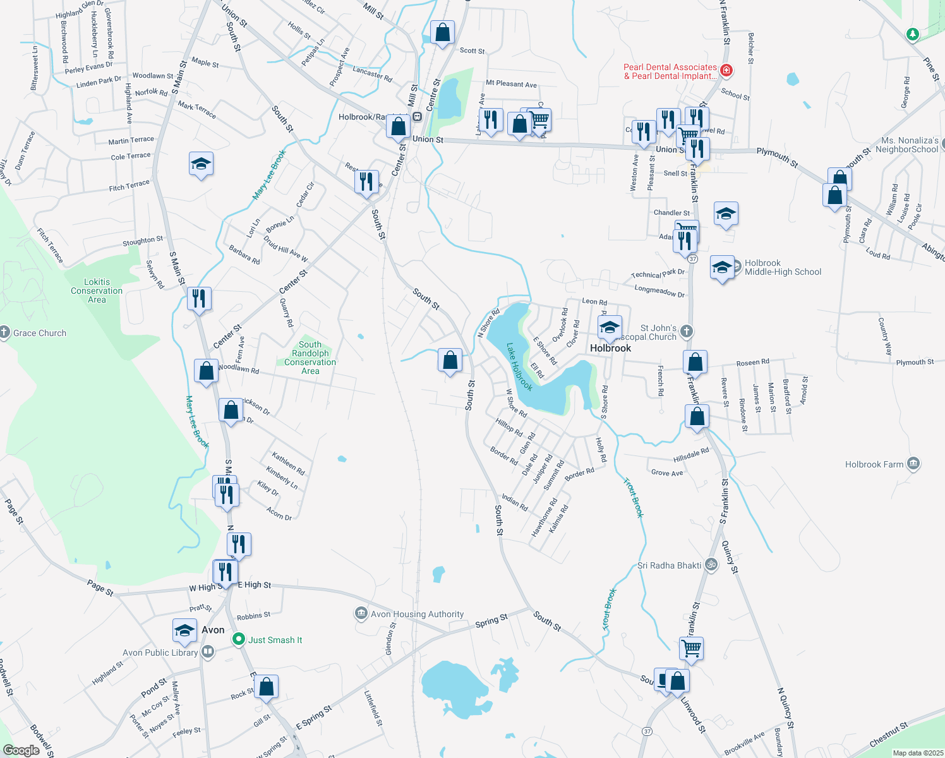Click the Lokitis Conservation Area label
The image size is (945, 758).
tap(97, 291)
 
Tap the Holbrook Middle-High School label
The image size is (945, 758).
tap(783, 268)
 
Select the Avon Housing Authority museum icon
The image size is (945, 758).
tap(361, 613)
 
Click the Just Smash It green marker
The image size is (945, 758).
tap(238, 639)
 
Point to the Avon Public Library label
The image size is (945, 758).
tap(160, 653)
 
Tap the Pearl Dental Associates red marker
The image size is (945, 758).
tap(726, 70)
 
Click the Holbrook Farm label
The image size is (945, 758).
tap(874, 464)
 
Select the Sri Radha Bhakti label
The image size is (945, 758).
tap(669, 565)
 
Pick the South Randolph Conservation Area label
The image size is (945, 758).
tap(310, 358)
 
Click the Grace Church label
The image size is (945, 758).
tap(40, 333)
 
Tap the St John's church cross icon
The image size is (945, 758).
tap(687, 331)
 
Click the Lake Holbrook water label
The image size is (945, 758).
tap(519, 367)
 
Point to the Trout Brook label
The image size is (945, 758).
tap(634, 498)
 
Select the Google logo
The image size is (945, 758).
tap(21, 750)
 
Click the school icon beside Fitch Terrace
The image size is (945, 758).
tap(201, 164)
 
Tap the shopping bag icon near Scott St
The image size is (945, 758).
tap(442, 32)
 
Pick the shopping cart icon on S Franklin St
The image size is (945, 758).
tap(692, 647)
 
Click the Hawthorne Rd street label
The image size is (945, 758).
tap(544, 518)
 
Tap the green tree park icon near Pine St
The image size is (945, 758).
tap(912, 33)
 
